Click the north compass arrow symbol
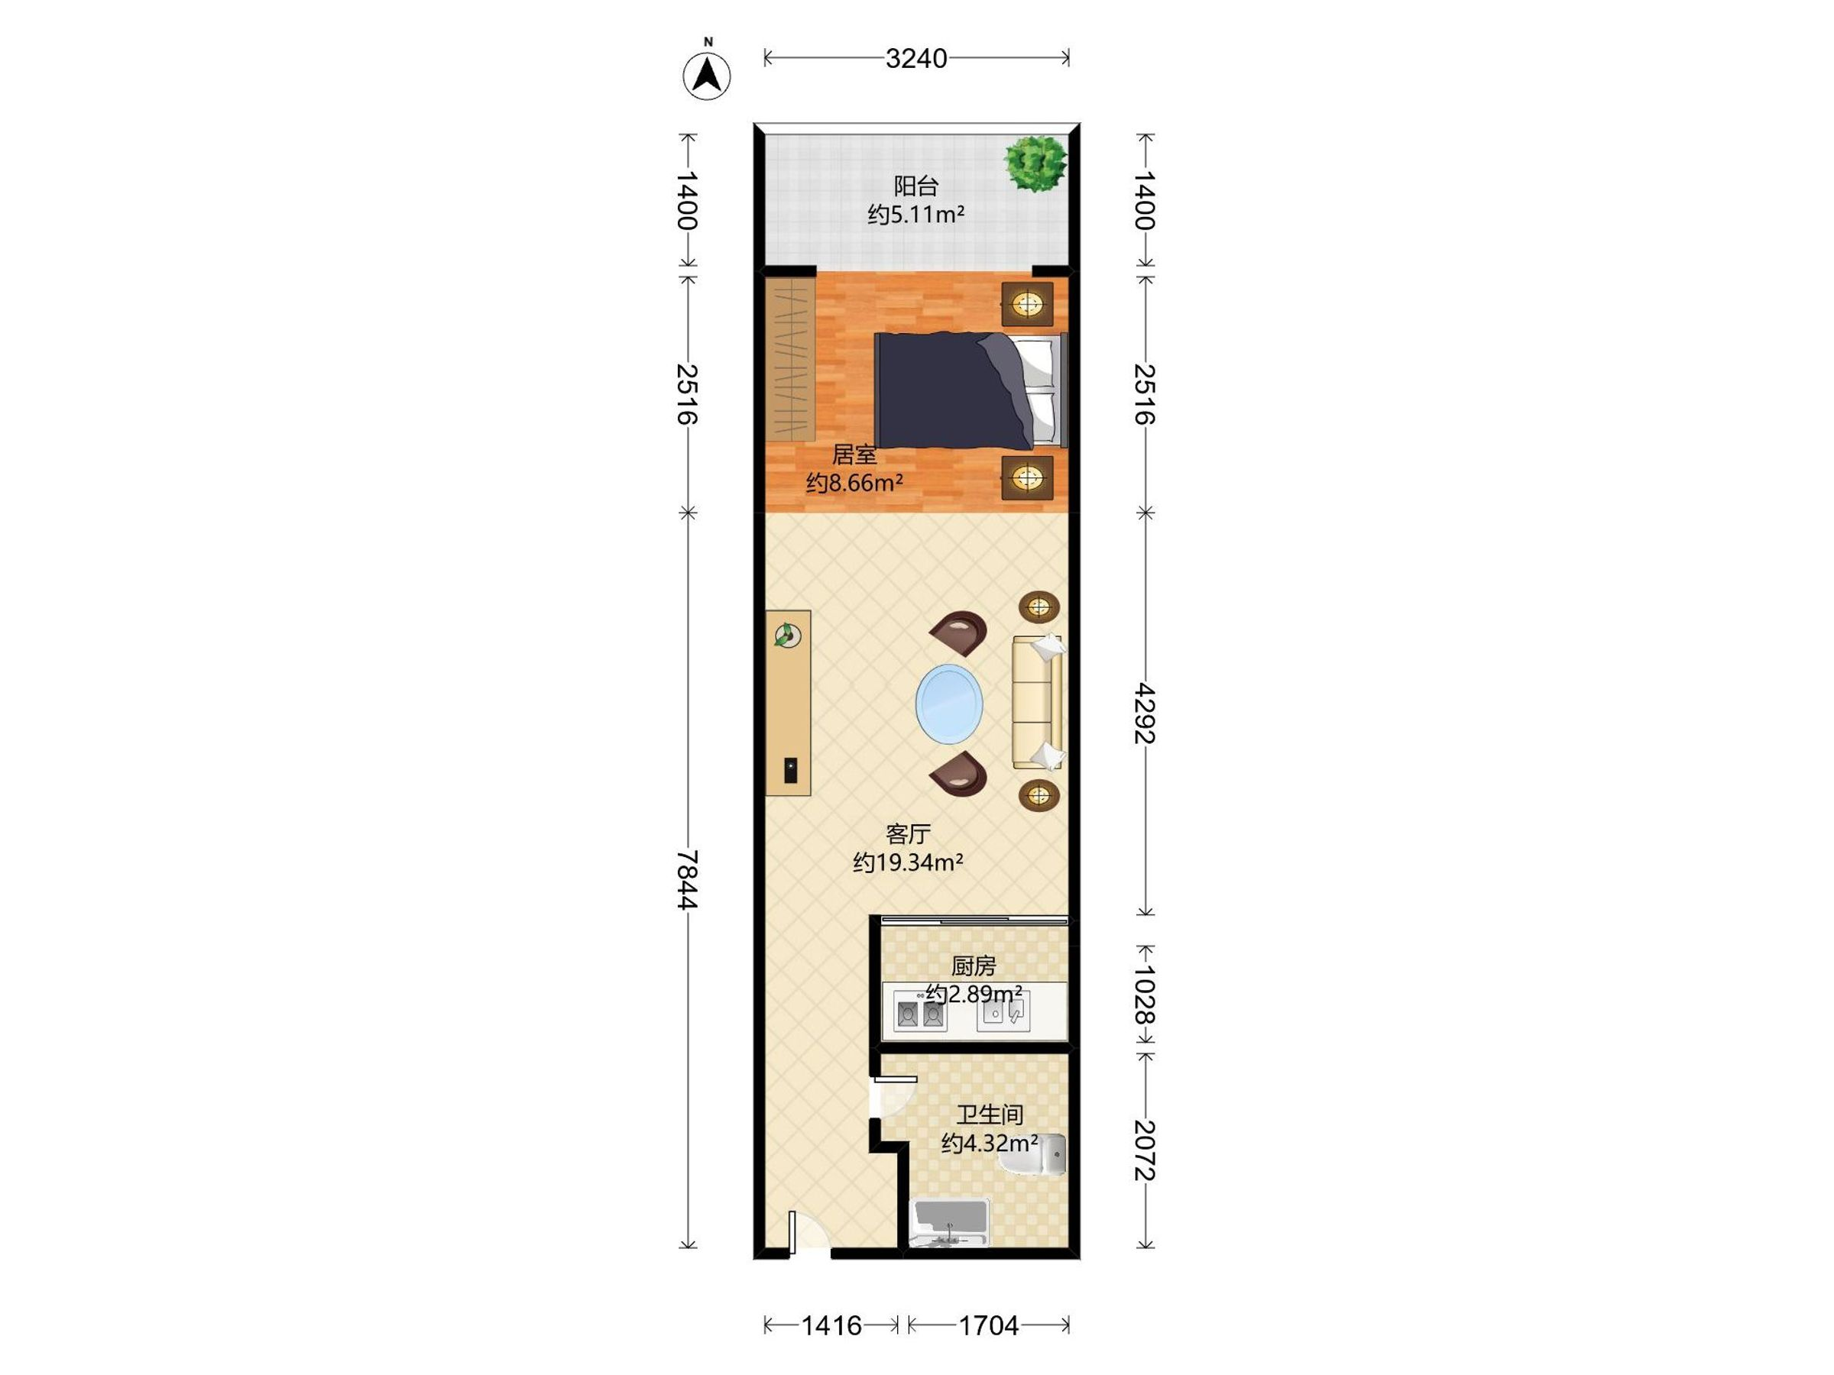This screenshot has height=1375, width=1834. [x=706, y=76]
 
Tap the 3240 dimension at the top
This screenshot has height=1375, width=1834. [x=916, y=58]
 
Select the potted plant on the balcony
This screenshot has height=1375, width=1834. [x=1035, y=163]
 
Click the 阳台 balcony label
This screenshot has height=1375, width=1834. [x=915, y=186]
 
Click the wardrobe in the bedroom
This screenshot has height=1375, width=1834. [x=790, y=359]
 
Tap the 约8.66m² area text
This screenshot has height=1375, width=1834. [x=854, y=482]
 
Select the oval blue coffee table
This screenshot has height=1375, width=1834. [x=949, y=703]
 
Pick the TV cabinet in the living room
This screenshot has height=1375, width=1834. [x=788, y=703]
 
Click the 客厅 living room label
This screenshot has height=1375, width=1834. [x=908, y=834]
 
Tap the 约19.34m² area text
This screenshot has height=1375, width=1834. [x=908, y=862]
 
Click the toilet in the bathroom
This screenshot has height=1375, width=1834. [x=1033, y=1154]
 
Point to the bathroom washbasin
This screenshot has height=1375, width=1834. [x=949, y=1222]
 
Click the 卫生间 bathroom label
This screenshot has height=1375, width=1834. [x=989, y=1115]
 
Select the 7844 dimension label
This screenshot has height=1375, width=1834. [x=687, y=879]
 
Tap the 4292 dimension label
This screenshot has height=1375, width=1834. [x=1145, y=713]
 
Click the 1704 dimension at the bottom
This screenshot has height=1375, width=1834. [x=988, y=1325]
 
